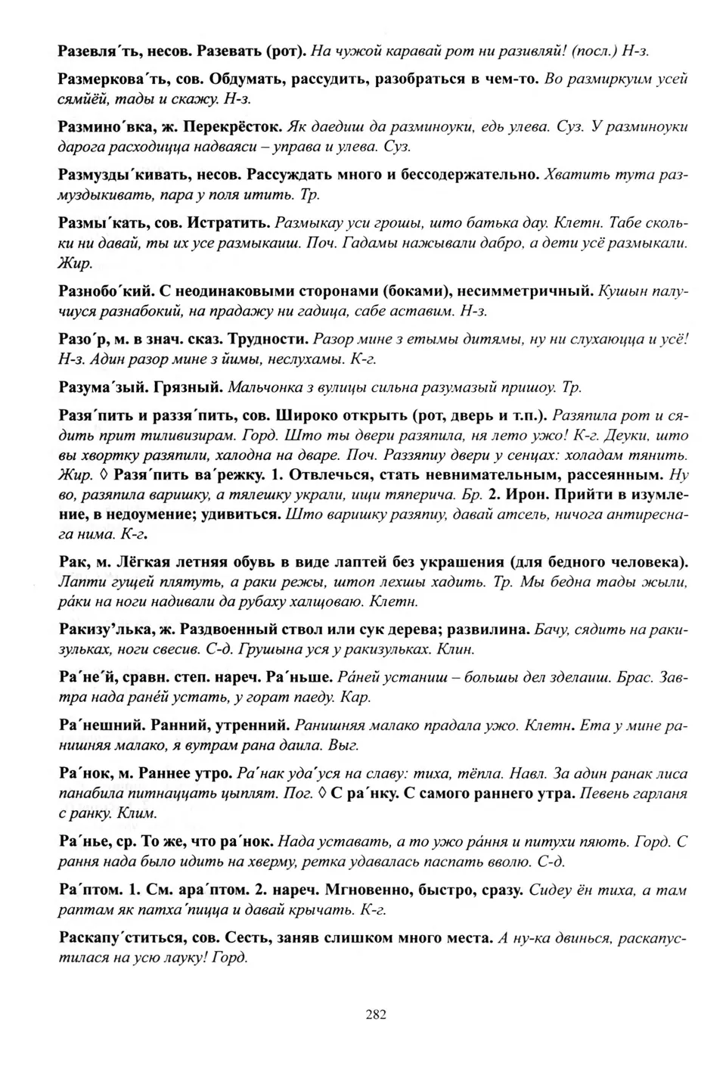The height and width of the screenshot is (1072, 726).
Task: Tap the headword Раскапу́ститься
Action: [120, 937]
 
